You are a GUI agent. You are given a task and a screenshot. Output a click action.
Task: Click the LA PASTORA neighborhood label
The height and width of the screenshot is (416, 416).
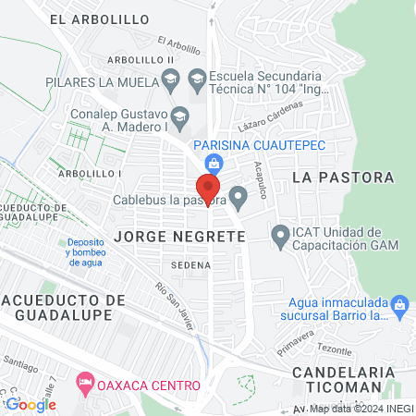click(x=342, y=177)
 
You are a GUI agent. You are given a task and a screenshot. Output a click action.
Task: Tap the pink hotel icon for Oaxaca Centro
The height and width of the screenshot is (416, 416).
click(x=85, y=383)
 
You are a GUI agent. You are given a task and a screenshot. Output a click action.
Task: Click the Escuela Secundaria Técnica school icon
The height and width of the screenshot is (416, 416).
click(x=196, y=77)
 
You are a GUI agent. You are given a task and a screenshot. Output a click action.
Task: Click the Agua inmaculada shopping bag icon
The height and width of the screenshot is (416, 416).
click(x=400, y=304)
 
